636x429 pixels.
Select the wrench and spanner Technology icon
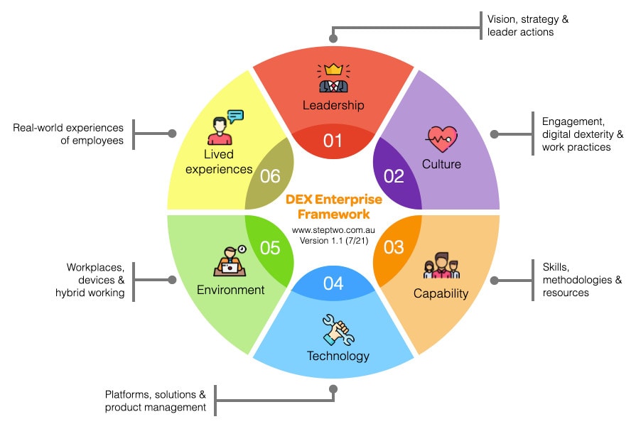click(x=338, y=329)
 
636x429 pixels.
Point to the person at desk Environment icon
click(x=230, y=261)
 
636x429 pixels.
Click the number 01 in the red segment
click(x=333, y=141)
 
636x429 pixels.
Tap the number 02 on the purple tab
click(x=394, y=176)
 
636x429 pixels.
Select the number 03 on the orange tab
click(x=394, y=246)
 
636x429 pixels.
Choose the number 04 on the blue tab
click(x=333, y=283)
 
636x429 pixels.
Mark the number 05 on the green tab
click(x=271, y=246)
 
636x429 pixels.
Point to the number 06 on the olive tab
click(x=271, y=176)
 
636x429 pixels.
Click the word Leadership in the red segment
click(x=333, y=105)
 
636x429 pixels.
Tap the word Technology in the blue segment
click(x=338, y=356)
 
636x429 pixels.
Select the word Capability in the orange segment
click(x=441, y=293)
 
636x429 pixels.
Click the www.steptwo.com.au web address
click(x=333, y=231)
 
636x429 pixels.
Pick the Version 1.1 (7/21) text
click(x=333, y=241)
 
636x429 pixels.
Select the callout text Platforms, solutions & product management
click(x=156, y=401)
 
